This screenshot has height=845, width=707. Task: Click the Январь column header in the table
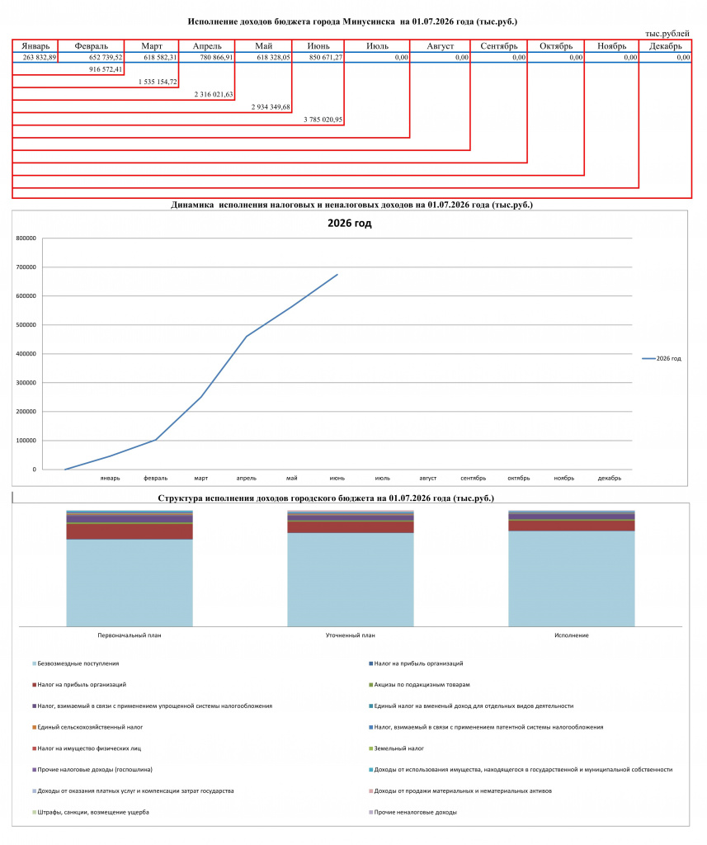click(35, 46)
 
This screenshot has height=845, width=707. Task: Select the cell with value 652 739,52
click(106, 57)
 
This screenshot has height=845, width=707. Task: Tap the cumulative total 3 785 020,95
click(323, 120)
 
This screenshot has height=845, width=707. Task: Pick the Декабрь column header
click(665, 46)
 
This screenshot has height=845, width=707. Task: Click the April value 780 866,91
click(217, 57)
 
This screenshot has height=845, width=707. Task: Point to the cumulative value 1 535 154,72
click(158, 82)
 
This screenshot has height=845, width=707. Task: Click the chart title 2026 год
click(349, 223)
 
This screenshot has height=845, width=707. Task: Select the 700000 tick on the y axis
click(26, 267)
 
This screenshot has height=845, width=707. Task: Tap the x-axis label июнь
click(337, 478)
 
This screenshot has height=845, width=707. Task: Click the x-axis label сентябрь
click(474, 478)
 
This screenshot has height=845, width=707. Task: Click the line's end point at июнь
click(337, 274)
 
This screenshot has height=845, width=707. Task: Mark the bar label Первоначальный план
click(130, 635)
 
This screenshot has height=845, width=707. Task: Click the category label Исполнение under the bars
click(571, 635)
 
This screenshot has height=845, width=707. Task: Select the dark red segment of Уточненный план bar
click(351, 527)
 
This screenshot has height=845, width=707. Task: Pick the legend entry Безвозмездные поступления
click(78, 664)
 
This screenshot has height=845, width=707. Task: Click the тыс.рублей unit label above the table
click(667, 33)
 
